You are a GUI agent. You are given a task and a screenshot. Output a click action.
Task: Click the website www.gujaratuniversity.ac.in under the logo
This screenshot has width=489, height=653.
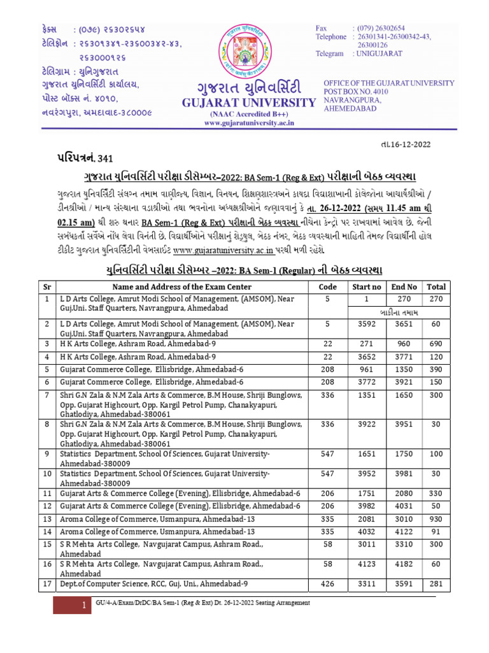point(244,123)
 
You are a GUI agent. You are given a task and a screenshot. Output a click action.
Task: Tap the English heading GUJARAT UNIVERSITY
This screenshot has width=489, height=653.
point(244,103)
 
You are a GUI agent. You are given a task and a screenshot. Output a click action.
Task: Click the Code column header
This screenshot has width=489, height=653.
point(327,287)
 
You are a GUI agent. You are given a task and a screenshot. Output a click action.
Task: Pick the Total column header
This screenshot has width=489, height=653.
point(436,287)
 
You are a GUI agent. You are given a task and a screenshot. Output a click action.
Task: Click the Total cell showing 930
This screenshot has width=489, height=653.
point(436,519)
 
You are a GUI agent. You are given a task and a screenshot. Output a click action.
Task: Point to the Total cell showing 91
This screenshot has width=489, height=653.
point(436,531)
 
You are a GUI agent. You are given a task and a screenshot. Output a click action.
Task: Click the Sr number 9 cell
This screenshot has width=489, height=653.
point(46,453)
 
